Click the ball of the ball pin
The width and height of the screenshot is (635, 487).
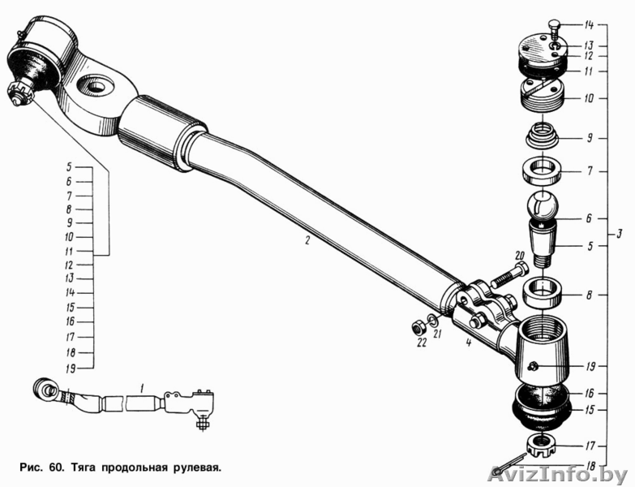coord(543,206)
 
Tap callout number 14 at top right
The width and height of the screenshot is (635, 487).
coord(589,25)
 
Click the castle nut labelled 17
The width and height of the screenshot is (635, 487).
coord(542,446)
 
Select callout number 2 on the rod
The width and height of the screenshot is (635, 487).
coord(307,241)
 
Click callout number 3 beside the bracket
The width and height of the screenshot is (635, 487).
coord(619,235)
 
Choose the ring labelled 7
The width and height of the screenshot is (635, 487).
coord(542,170)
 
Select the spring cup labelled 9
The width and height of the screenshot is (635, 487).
coord(543,136)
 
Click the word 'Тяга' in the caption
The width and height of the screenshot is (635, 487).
coord(84,468)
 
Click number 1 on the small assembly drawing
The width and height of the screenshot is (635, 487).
coord(141,389)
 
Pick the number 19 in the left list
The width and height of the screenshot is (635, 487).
coord(70,368)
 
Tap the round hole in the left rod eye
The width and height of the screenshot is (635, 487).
coord(95,85)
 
